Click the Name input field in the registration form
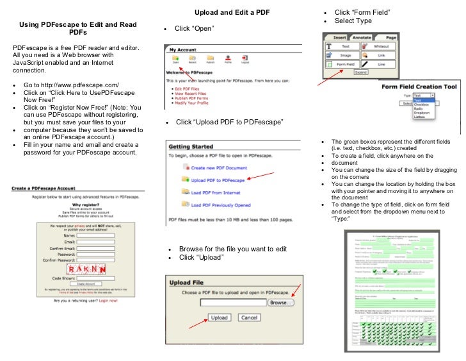(95, 235)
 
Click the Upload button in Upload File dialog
(219, 317)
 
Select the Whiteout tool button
(381, 46)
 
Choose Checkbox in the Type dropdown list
(422, 104)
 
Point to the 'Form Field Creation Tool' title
(419, 86)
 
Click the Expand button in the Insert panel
(362, 73)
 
